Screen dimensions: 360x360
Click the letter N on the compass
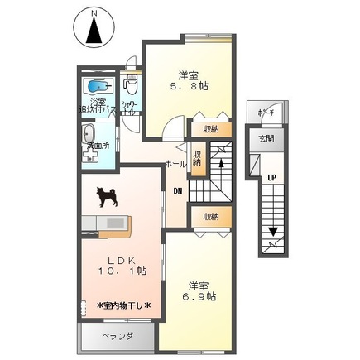[x=94, y=12]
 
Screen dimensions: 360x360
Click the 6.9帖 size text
[x=199, y=295]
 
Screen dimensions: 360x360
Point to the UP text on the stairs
[x=271, y=176]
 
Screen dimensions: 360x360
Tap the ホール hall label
[x=175, y=164]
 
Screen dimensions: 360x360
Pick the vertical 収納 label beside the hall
[x=198, y=157]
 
